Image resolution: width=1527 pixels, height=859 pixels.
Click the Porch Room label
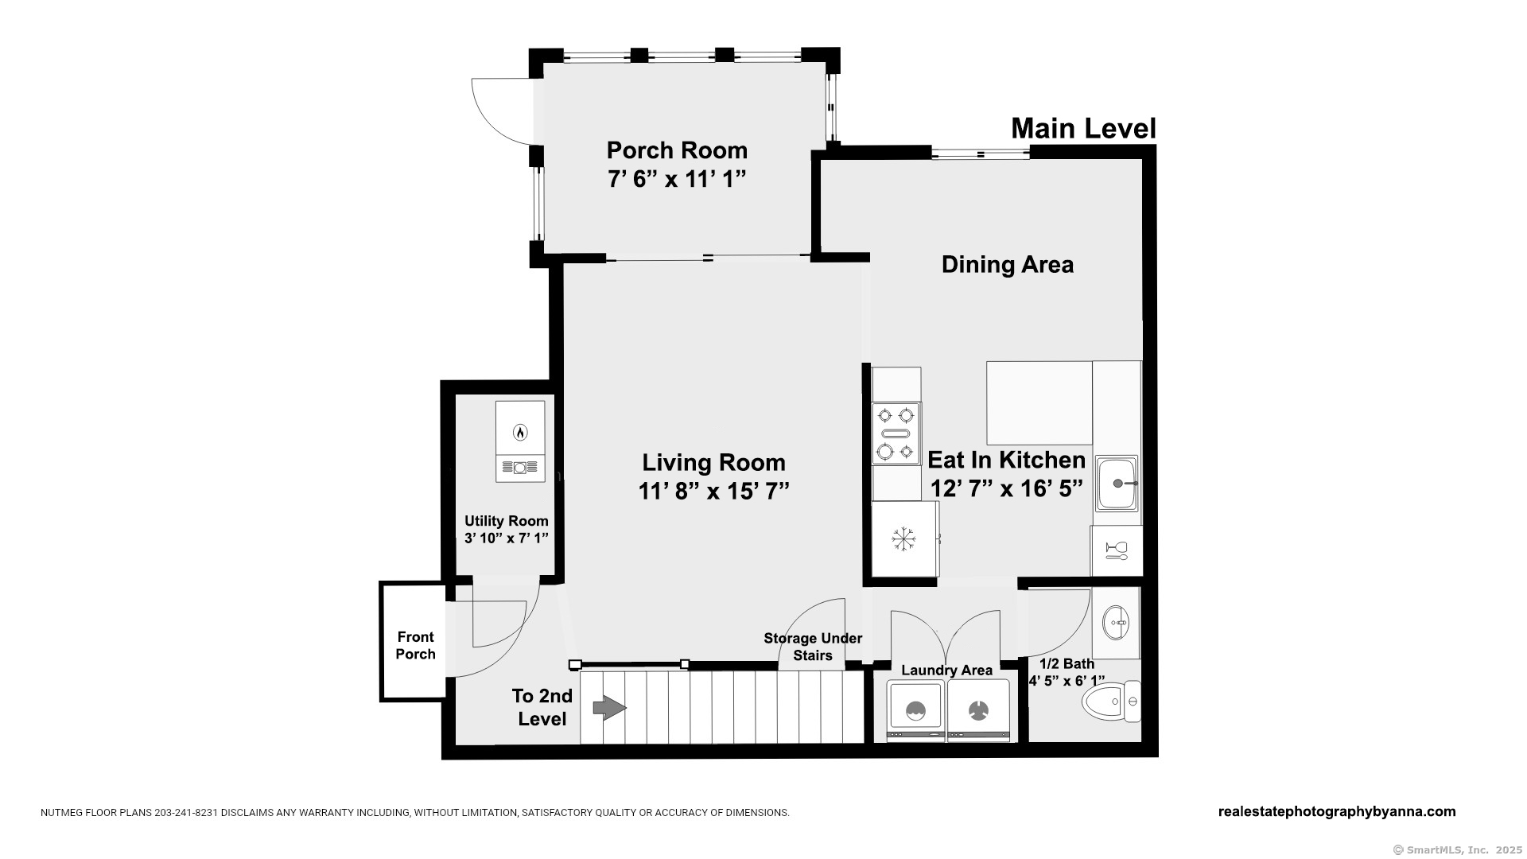(x=677, y=150)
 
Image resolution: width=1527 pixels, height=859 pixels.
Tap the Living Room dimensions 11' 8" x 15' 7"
(x=713, y=492)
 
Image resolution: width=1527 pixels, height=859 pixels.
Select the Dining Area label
(x=1007, y=265)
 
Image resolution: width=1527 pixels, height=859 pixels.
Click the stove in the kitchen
(x=896, y=433)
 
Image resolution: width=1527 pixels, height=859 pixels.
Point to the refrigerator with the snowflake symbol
(x=904, y=538)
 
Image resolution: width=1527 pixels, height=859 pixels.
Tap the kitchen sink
(x=1117, y=483)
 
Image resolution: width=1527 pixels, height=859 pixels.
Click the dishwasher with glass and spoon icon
(x=1117, y=550)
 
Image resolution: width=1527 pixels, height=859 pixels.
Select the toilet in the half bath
(x=1112, y=702)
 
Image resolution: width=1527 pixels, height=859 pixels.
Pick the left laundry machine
(x=915, y=709)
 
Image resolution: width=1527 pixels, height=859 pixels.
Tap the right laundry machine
(x=978, y=709)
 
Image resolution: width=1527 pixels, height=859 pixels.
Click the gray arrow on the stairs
(x=610, y=707)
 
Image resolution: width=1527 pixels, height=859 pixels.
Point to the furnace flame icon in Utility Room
(x=520, y=433)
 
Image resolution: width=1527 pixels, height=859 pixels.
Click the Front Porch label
(x=415, y=646)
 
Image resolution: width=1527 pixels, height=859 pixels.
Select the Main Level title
(x=1083, y=128)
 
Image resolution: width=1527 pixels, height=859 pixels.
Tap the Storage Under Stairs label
(x=813, y=647)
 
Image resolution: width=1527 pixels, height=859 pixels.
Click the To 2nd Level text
(x=542, y=707)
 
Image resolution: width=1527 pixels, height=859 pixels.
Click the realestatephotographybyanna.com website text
(x=1337, y=811)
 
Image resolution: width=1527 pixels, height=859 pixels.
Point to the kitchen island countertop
(x=1039, y=403)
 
